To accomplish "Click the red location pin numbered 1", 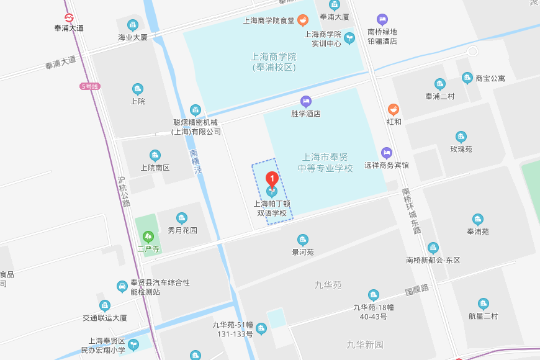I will (272, 179).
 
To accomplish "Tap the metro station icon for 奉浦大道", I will (69, 17).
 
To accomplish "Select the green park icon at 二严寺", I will (148, 236).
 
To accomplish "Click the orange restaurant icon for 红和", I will (394, 109).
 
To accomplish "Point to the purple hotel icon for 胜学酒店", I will (305, 101).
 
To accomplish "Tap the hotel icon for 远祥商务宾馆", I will (387, 153).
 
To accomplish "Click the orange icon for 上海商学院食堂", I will (302, 20).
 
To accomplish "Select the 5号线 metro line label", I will (90, 86).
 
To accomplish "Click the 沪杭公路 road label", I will (124, 191).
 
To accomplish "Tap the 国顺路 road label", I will (416, 290).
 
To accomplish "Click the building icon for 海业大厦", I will (132, 25).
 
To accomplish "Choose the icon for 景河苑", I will (303, 240).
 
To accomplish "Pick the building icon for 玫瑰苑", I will (461, 137).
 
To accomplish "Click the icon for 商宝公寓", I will (467, 78).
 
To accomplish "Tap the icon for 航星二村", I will (484, 304).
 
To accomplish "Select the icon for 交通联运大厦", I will (105, 305).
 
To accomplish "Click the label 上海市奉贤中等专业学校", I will (325, 163).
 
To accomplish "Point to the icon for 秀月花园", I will (182, 218).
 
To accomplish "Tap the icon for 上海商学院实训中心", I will (349, 38).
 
